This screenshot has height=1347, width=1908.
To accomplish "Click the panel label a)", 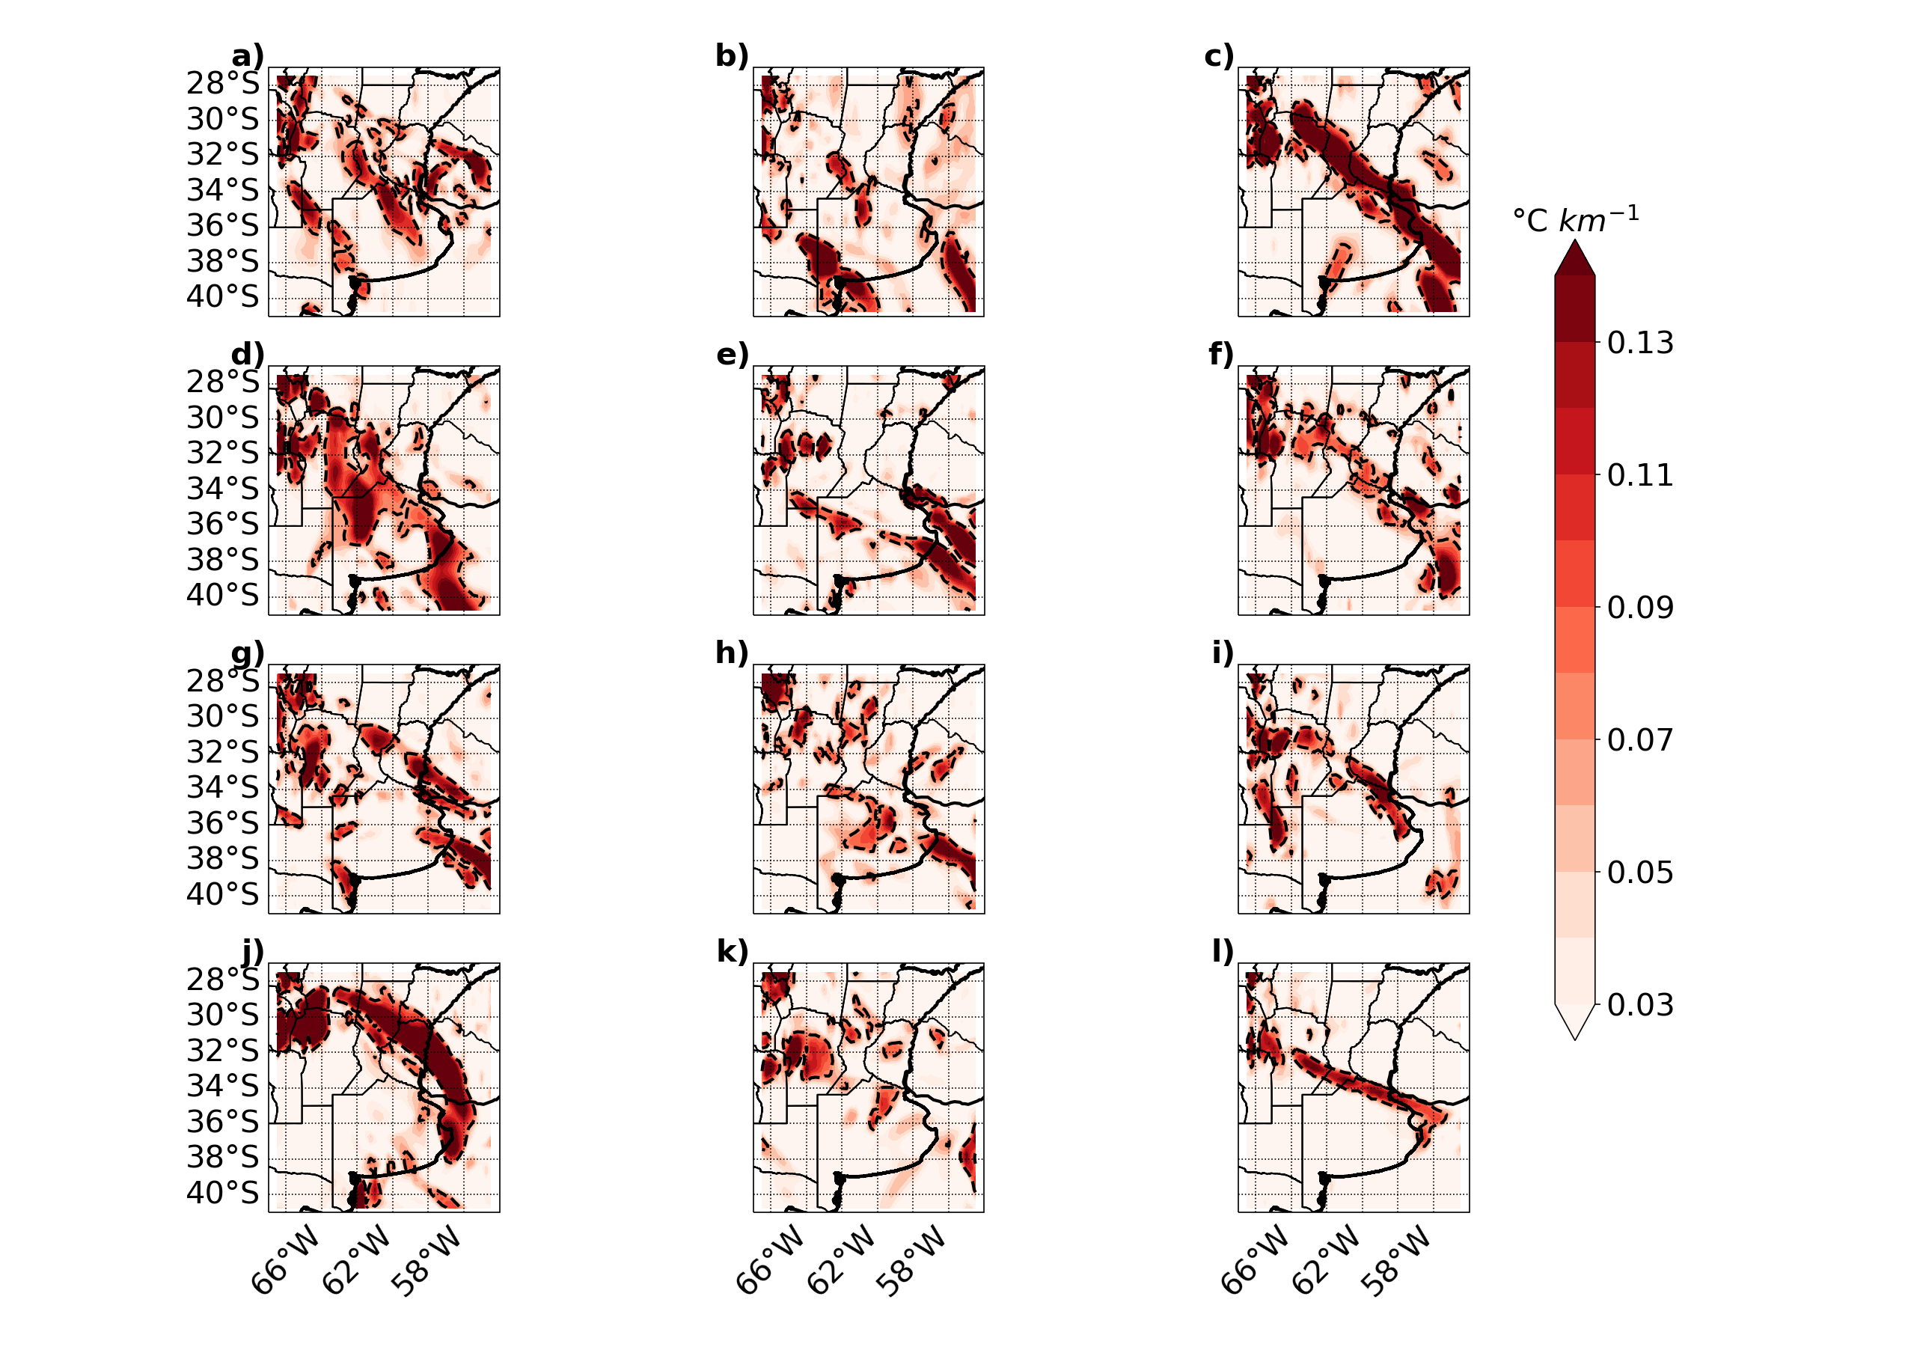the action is (x=248, y=57).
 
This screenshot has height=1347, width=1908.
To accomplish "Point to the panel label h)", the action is (x=732, y=653).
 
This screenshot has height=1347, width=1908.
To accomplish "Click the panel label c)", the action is (x=1219, y=57).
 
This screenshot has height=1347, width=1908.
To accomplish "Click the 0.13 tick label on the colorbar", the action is (x=1640, y=342).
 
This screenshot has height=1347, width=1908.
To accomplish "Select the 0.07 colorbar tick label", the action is (x=1640, y=739).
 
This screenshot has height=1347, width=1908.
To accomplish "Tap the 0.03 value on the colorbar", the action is (x=1640, y=1005).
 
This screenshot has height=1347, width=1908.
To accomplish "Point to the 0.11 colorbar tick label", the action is (x=1640, y=475).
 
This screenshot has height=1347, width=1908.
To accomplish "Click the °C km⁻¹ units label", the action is (x=1576, y=219).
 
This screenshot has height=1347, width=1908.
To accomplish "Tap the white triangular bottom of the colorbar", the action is (x=1575, y=1021).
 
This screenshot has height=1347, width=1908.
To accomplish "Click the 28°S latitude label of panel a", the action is (x=223, y=84).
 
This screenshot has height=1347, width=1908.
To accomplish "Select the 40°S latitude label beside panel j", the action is (x=223, y=1194).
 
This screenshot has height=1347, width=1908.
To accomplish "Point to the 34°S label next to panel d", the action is (x=223, y=489).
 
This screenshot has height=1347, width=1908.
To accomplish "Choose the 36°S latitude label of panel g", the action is (x=223, y=823).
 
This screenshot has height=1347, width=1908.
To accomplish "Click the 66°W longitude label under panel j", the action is (x=285, y=1261).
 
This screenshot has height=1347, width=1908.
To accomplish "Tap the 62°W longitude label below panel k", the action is (x=841, y=1261).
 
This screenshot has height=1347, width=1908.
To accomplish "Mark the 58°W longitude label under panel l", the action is (x=1396, y=1261).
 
